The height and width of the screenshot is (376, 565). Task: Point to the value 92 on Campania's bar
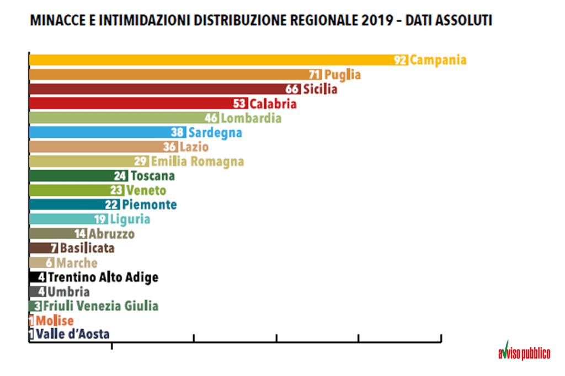coord(401,60)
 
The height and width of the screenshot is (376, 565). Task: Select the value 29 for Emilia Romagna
coord(142,162)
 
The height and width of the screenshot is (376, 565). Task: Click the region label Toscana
coord(152,176)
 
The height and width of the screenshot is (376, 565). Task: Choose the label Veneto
coord(146,190)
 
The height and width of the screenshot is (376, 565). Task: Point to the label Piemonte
coord(150,205)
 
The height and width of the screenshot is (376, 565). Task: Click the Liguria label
coord(130,219)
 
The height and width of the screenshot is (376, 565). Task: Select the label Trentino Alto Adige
coord(103,277)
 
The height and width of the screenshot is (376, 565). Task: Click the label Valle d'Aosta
coord(73,334)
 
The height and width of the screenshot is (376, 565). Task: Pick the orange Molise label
coord(55,320)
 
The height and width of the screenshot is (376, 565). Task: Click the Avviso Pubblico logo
coord(524,351)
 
